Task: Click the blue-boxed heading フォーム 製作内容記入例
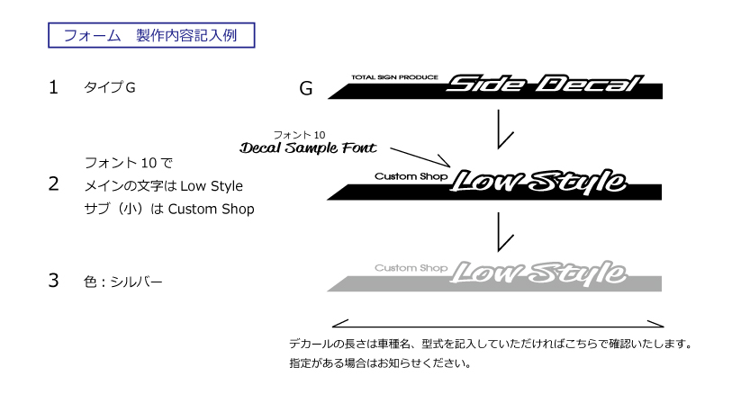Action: pos(151,35)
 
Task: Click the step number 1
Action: pos(53,87)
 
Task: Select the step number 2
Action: pos(53,184)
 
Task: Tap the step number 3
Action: pos(53,281)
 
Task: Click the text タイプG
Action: pos(110,87)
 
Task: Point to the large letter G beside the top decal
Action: pos(306,88)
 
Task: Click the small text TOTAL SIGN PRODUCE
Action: pos(394,77)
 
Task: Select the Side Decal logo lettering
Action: pos(545,84)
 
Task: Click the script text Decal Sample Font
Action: pos(308,148)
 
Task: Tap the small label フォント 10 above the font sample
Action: pos(300,135)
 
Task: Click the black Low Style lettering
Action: pos(538,181)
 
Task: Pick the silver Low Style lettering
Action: pos(538,273)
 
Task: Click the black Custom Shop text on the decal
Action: pos(411,176)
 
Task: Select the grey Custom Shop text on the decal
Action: pos(411,268)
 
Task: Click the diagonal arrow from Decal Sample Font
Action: pos(420,157)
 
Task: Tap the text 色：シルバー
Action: pos(122,282)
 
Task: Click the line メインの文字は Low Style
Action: pos(164,186)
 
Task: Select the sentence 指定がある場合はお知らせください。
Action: pos(380,363)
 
